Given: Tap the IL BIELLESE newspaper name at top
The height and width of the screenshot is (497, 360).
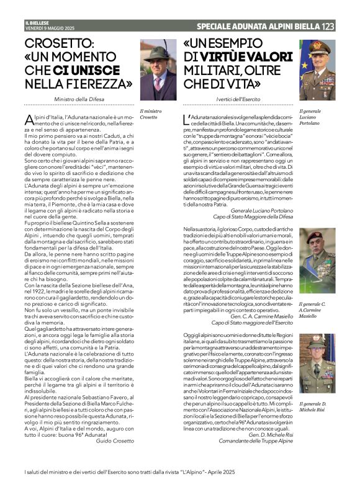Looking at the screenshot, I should click(x=37, y=23).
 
